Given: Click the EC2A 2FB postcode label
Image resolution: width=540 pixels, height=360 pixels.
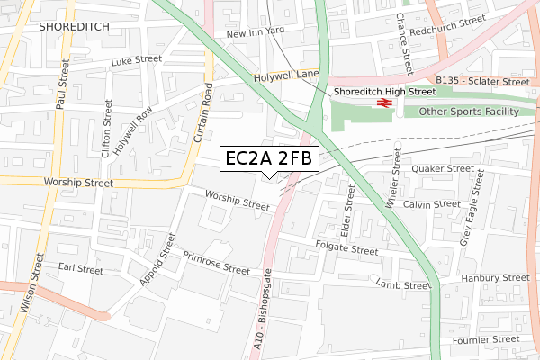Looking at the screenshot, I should click(x=268, y=159).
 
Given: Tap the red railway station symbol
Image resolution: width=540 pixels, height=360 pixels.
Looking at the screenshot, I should click(x=382, y=103).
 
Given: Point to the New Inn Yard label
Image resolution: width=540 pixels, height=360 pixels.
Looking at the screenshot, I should click(x=256, y=33).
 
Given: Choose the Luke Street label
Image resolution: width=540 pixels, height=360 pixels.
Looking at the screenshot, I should click(x=136, y=62).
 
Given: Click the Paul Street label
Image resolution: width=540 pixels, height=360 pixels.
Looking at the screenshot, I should click(x=62, y=85).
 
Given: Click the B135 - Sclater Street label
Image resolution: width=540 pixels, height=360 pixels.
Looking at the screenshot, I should click(x=482, y=80).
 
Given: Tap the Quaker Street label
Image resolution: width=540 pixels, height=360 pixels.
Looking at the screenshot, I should click(x=442, y=168).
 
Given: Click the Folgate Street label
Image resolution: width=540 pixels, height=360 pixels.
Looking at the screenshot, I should click(x=347, y=247).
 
